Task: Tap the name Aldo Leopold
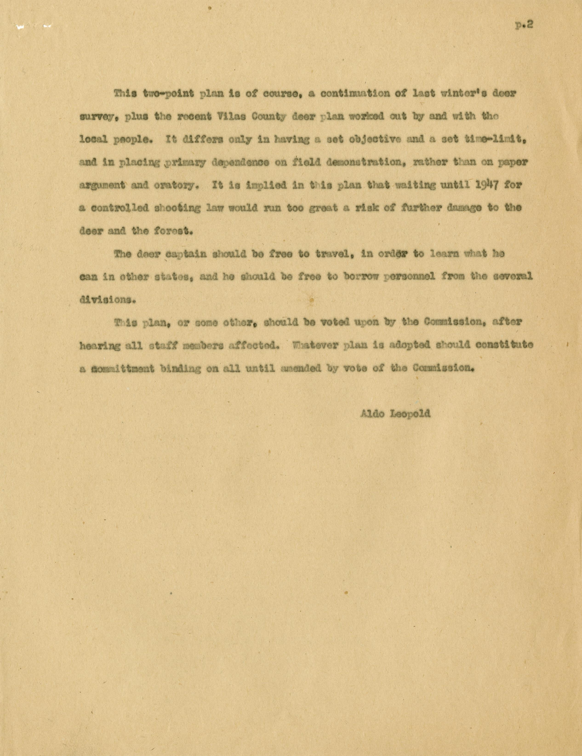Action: pos(395,414)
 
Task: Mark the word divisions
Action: pos(106,300)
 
